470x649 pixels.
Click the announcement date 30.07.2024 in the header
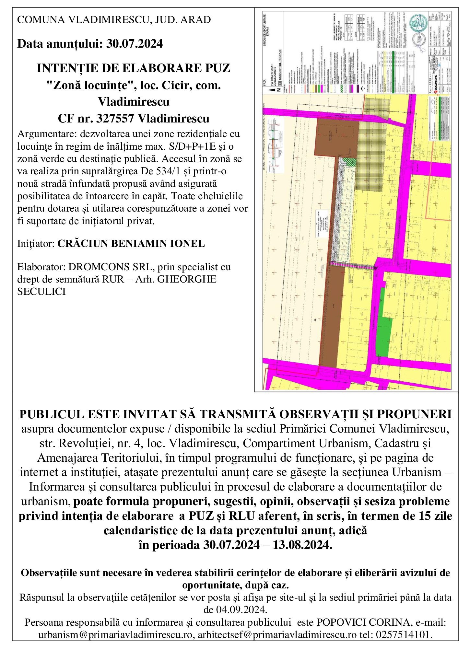point(135,43)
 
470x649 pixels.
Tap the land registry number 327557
point(115,119)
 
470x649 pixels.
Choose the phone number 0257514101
point(404,634)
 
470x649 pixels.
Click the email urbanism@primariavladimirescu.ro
point(115,634)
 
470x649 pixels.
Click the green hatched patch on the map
point(349,162)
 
